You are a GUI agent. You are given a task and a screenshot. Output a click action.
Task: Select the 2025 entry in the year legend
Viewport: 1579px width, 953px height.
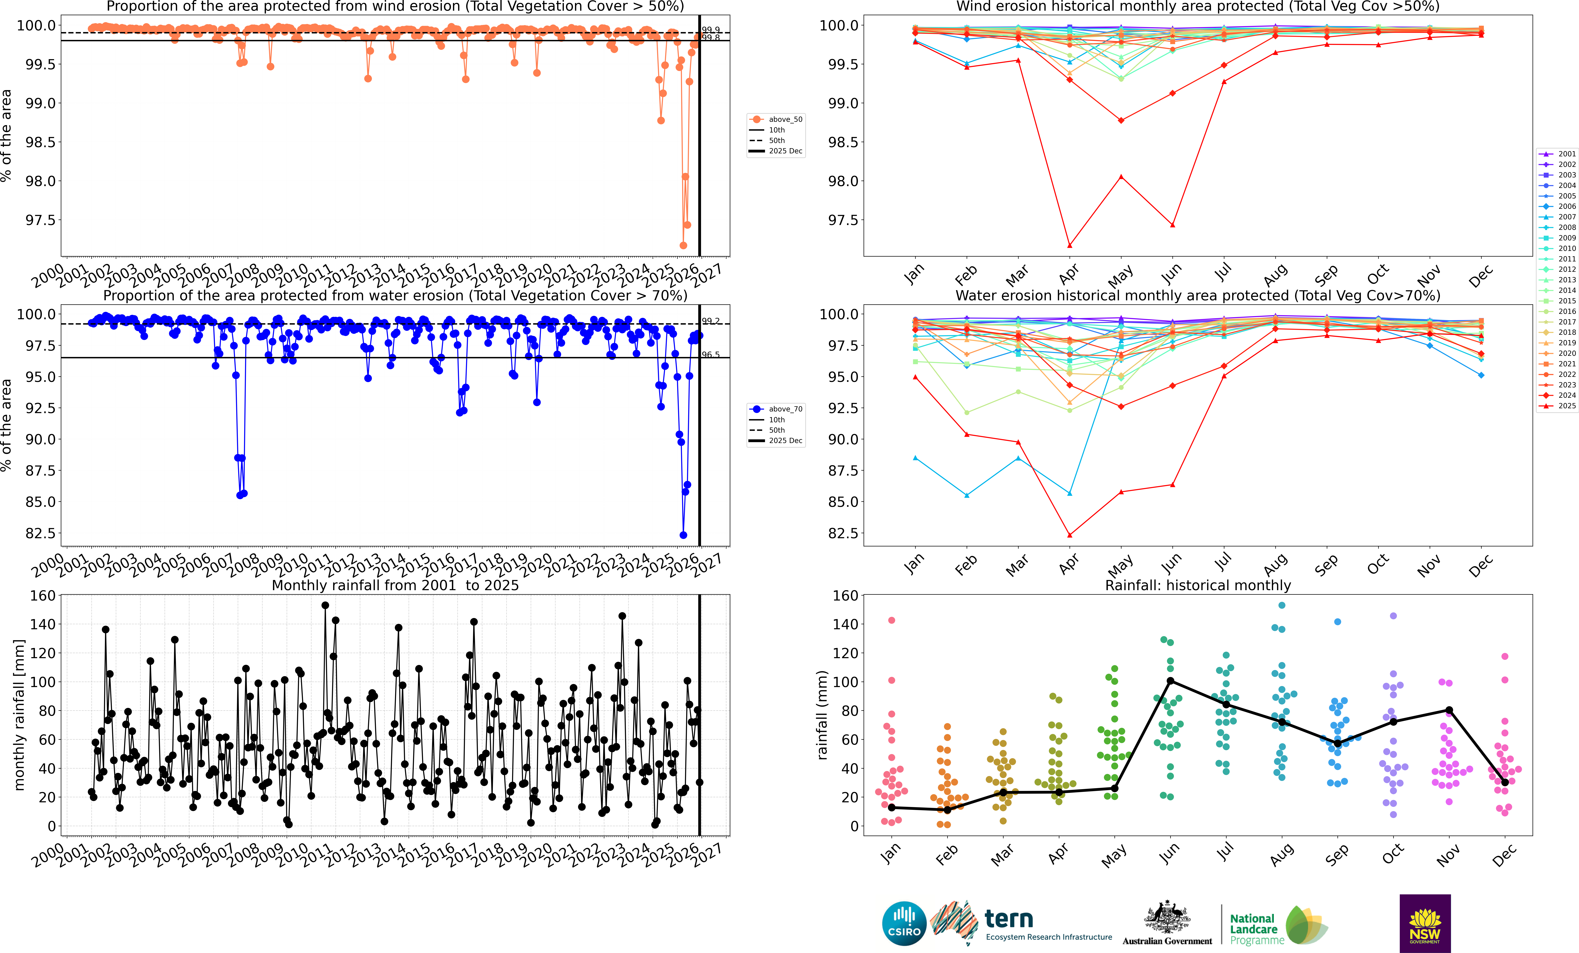[x=1557, y=406]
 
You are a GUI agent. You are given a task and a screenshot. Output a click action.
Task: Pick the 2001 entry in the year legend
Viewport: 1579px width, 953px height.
[x=1557, y=154]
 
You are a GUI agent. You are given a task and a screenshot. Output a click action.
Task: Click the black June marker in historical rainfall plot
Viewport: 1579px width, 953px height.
[x=1170, y=681]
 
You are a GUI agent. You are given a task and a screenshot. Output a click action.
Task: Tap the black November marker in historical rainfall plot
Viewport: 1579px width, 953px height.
[x=1449, y=710]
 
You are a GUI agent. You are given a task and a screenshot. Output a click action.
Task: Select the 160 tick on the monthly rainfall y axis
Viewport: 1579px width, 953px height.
[x=43, y=595]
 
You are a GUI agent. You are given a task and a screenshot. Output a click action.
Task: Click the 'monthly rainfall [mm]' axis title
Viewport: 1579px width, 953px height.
[x=19, y=715]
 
